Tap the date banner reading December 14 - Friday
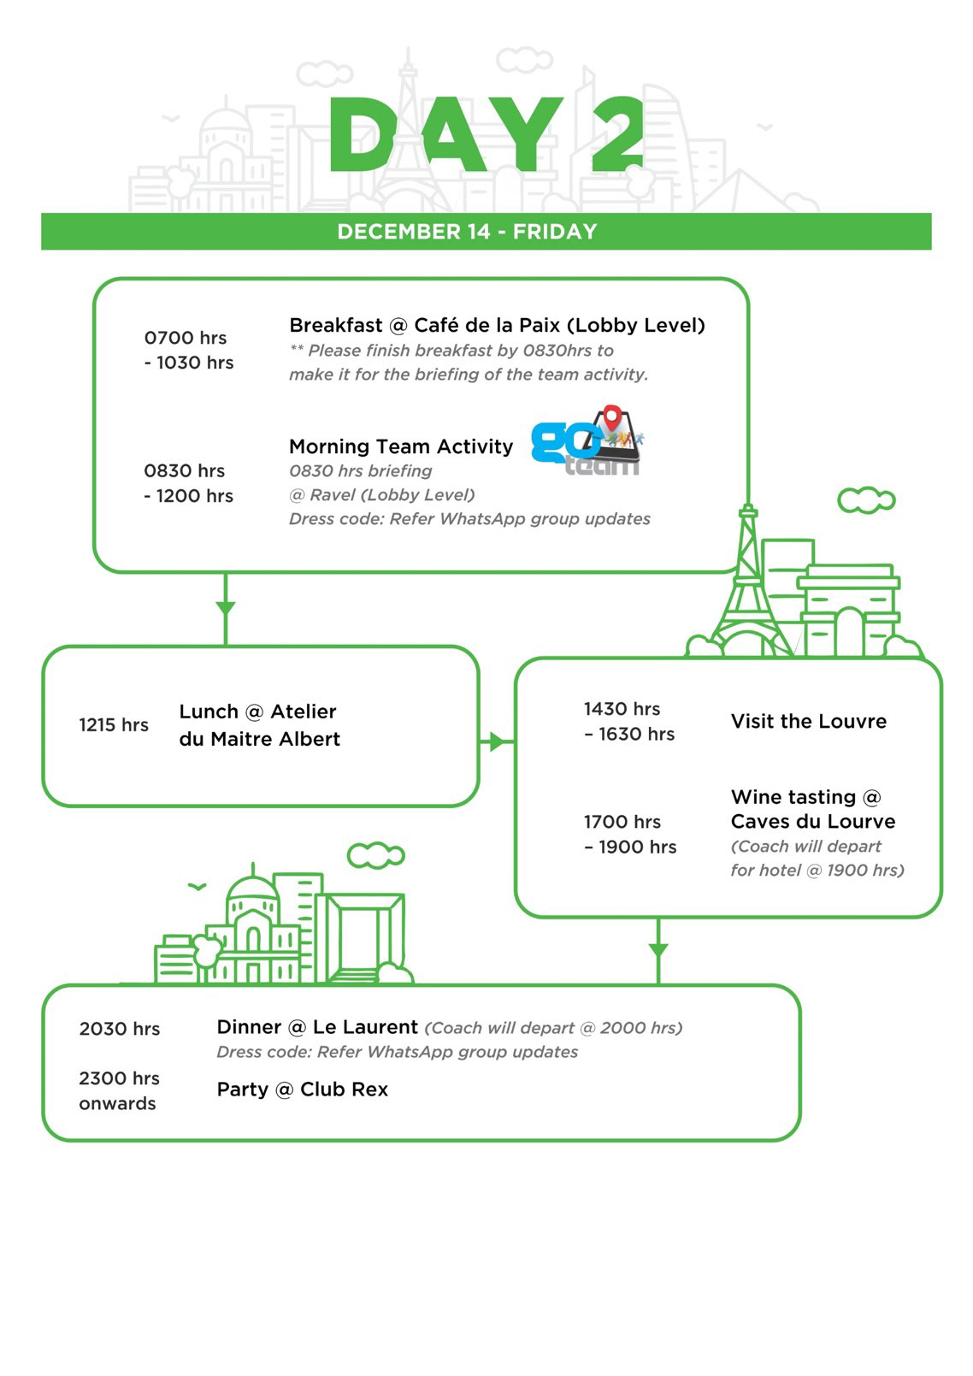[x=467, y=232]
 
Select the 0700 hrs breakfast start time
[x=186, y=338]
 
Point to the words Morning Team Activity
[x=401, y=446]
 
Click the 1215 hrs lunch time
[x=114, y=725]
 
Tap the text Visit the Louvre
[x=808, y=721]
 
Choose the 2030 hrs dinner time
[x=120, y=1029]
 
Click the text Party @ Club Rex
[x=302, y=1090]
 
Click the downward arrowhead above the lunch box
[x=225, y=608]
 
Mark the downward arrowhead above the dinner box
[x=658, y=949]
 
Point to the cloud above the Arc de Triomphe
[x=866, y=499]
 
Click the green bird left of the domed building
[x=197, y=887]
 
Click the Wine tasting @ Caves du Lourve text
[x=812, y=809]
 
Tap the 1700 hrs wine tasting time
[x=622, y=822]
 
